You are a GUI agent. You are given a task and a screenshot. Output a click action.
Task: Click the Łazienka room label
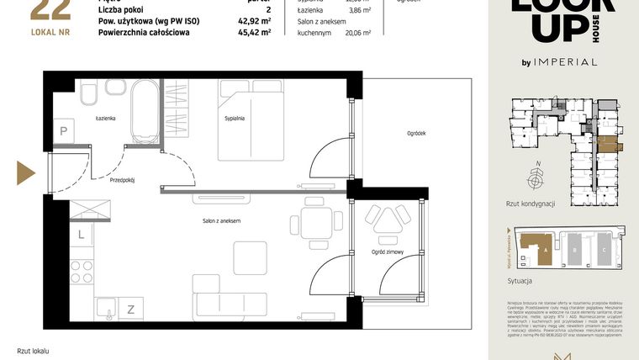click(105, 119)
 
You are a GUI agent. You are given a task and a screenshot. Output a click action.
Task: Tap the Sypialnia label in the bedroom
click(235, 119)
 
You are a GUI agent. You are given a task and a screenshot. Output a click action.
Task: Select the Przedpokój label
click(123, 179)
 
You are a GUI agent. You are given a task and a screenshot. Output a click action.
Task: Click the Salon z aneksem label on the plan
click(222, 220)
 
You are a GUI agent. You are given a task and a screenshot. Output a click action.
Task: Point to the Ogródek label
click(416, 133)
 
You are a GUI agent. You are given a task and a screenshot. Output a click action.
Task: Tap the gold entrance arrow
click(25, 172)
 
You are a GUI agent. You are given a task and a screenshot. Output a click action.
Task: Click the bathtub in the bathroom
click(146, 112)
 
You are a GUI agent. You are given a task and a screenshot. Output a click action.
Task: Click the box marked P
click(64, 130)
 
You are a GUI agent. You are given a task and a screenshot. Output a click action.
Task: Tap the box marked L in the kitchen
click(82, 236)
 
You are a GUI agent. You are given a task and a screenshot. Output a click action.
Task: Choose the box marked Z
click(130, 309)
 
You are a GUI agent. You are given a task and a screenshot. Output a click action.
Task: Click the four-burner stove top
click(82, 271)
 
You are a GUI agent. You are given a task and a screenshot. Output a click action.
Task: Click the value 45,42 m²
click(254, 33)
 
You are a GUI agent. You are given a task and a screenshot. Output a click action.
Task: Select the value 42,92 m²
click(254, 21)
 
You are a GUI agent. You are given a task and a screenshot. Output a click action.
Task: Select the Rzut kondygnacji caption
click(531, 204)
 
